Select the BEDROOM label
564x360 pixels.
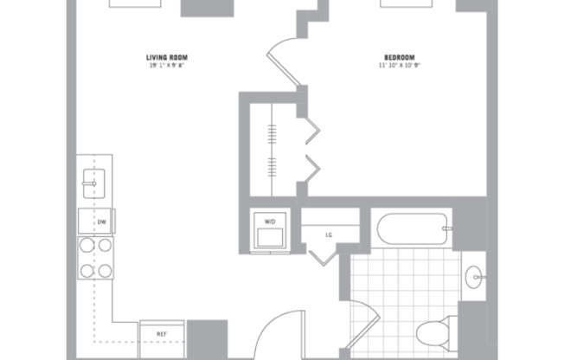[399, 58]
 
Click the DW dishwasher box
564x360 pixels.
[101, 222]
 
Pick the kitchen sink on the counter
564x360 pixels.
[91, 182]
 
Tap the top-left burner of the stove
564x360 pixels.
[87, 246]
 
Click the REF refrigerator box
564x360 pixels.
[162, 332]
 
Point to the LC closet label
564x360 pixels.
[329, 233]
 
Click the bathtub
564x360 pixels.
[413, 230]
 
